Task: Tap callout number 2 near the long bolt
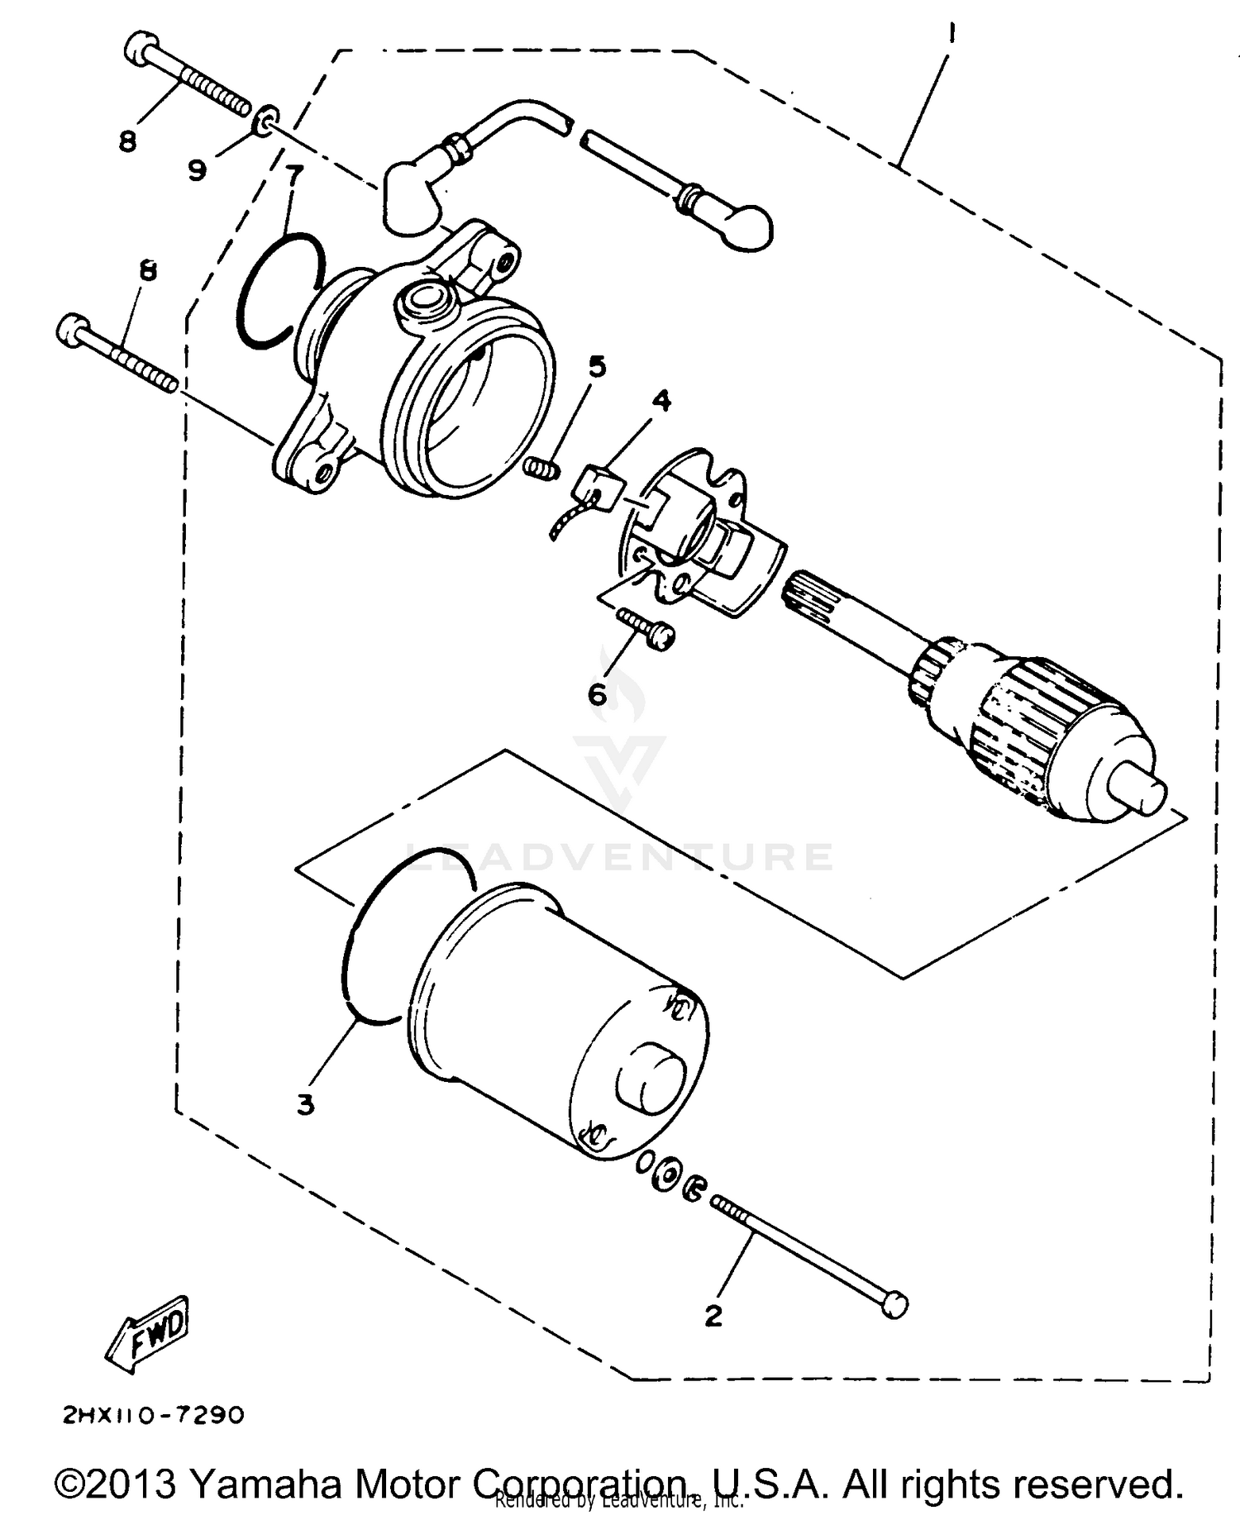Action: click(713, 1315)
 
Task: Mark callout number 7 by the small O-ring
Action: click(293, 175)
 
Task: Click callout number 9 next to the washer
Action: click(197, 170)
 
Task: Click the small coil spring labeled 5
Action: click(542, 469)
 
